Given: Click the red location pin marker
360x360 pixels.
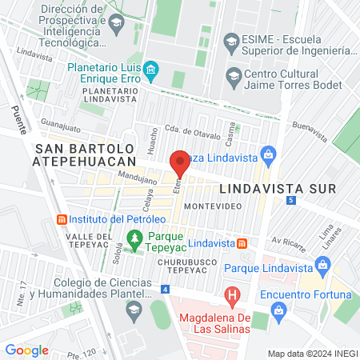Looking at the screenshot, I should click(180, 162).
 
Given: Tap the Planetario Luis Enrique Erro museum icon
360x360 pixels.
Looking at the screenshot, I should click(150, 74).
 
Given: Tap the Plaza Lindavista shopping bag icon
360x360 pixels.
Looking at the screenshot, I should click(268, 154).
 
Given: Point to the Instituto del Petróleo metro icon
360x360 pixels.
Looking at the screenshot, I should click(61, 219).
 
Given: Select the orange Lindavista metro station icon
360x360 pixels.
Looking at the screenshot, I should click(242, 242).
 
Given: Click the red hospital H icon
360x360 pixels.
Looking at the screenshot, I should click(232, 297).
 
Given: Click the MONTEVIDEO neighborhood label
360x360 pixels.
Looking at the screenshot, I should click(209, 206).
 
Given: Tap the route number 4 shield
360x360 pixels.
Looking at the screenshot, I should click(164, 289).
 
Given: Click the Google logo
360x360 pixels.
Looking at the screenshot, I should click(26, 350).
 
